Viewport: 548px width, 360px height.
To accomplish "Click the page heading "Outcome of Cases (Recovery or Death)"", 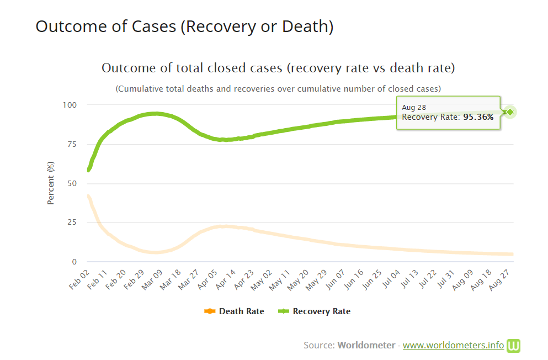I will [184, 26].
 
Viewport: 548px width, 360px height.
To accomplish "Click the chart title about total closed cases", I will [278, 68].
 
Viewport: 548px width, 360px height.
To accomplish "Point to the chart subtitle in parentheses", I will [278, 88].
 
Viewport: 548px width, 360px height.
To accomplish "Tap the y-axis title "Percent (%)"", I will [51, 183].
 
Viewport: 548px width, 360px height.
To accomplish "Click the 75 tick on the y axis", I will [73, 144].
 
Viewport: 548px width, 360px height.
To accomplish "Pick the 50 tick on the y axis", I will [73, 183].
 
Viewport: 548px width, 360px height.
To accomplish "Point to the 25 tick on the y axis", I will [73, 223].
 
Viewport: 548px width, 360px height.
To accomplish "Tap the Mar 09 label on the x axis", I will [152, 279].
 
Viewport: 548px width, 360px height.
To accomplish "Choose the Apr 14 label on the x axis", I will [226, 279].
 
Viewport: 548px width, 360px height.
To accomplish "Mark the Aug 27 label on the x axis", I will [503, 279].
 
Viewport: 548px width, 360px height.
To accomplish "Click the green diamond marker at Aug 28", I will [510, 112].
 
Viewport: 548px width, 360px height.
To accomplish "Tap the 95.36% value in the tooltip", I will [478, 117].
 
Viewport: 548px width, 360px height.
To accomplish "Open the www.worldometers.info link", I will [453, 345].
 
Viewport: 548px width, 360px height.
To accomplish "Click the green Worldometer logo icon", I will [514, 346].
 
